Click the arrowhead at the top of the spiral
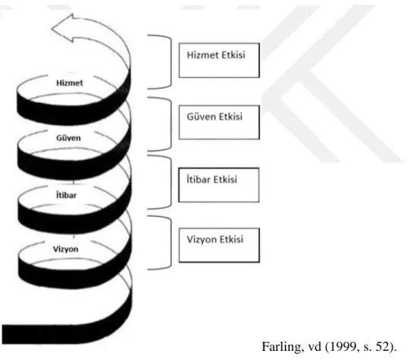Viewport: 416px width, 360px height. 63,28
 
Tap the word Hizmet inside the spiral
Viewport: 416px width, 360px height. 70,83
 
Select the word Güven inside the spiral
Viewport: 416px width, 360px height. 68,138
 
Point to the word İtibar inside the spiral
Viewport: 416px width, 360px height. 67,195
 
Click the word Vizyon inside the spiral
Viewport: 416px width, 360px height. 65,249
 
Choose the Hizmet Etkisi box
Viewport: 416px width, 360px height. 219,61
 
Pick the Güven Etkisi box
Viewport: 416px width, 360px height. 219,122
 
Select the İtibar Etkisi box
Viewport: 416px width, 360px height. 219,185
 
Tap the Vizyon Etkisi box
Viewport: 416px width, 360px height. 219,245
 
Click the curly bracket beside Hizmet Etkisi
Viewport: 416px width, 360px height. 170,61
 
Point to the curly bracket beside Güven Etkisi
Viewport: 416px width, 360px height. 170,124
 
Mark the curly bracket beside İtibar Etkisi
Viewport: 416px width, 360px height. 170,182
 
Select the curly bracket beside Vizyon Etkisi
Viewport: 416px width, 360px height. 170,243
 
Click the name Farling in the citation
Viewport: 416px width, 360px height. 283,347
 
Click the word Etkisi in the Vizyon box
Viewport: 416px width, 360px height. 231,239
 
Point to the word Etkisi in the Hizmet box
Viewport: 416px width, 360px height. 233,55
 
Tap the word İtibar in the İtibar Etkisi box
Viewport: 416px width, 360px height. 199,180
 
